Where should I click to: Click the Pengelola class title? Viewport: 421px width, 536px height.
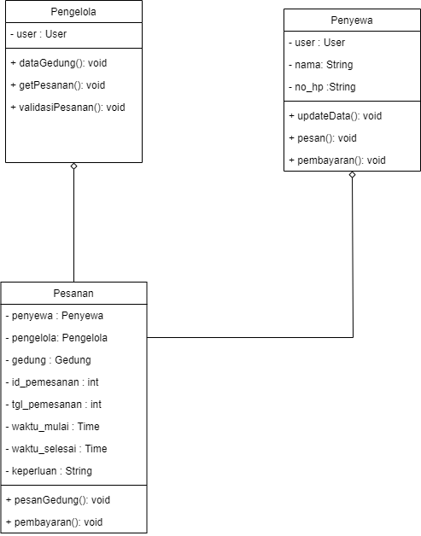[73, 12]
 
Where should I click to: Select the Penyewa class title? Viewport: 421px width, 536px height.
[352, 20]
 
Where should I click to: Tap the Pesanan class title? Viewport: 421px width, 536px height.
[73, 293]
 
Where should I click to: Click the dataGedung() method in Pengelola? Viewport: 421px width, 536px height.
[58, 62]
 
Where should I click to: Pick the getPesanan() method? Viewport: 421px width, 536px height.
[56, 84]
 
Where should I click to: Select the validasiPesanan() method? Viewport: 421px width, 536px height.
[67, 107]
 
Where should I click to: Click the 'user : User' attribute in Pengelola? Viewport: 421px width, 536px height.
[38, 35]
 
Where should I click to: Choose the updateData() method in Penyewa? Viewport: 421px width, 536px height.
[335, 116]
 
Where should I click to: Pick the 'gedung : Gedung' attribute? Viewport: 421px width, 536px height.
[48, 360]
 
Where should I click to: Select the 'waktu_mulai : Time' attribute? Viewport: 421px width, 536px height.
[56, 427]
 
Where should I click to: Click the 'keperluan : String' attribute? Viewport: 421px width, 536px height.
[49, 471]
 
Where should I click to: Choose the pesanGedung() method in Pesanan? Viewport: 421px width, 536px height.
[58, 499]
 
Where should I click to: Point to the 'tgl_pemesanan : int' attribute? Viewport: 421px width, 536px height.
[56, 405]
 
